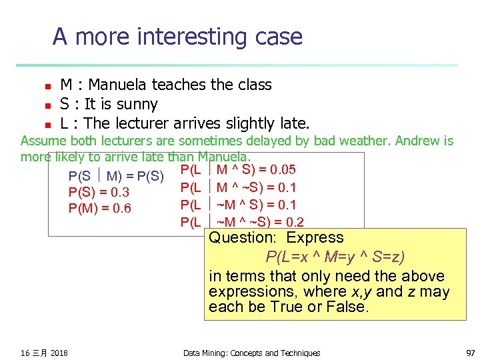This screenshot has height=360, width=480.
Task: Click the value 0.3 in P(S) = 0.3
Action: pyautogui.click(x=120, y=193)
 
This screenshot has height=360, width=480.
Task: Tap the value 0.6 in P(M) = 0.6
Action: pyautogui.click(x=121, y=209)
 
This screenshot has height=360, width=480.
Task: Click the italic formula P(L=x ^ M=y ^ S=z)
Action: pyautogui.click(x=335, y=257)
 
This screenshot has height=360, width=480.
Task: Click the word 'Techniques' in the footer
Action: pyautogui.click(x=297, y=353)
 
